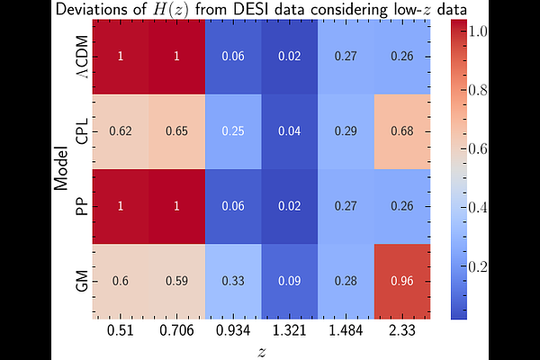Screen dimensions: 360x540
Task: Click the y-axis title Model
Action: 61,168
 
